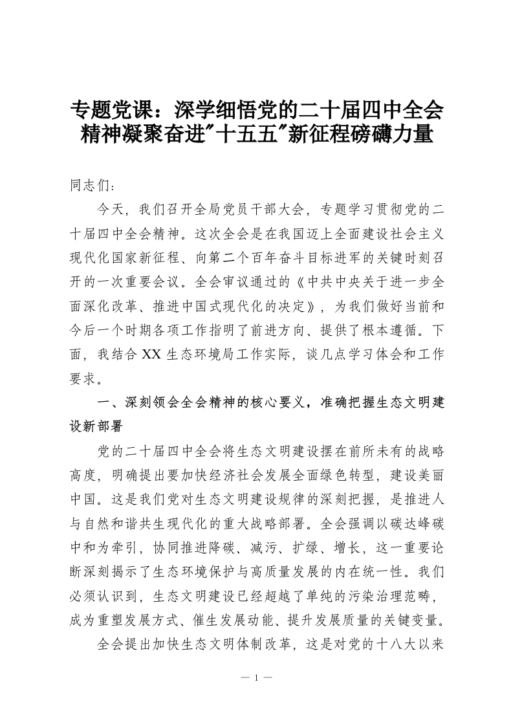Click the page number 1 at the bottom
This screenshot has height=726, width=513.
pyautogui.click(x=256, y=677)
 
